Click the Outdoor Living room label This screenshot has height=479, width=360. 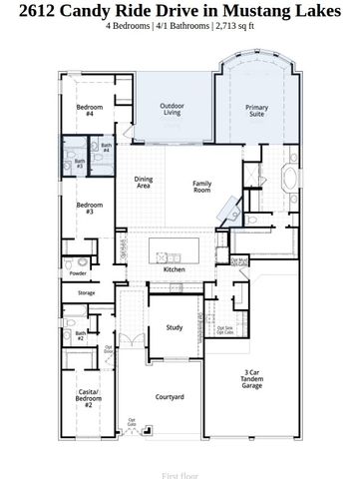click(173, 112)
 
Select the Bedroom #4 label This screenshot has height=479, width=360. click(89, 110)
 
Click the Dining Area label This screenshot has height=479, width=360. click(144, 183)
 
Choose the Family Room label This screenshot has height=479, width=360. click(202, 187)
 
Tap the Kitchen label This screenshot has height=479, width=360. click(175, 269)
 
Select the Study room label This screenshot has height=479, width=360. click(174, 327)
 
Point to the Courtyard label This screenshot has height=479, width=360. click(170, 397)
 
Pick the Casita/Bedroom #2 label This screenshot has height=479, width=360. click(88, 400)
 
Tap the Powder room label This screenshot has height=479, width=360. click(78, 272)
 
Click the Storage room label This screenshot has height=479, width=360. click(86, 293)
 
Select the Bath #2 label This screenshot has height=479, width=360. click(80, 336)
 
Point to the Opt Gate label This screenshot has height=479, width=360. click(132, 422)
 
